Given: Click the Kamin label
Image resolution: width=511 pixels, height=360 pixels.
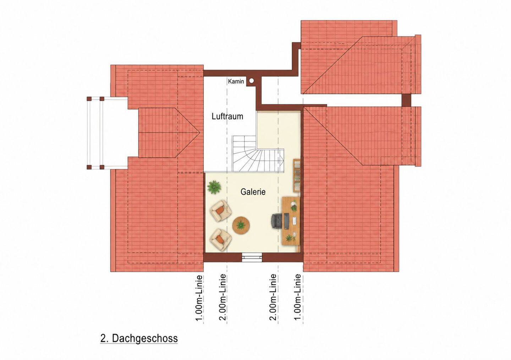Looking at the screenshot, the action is click(x=236, y=82).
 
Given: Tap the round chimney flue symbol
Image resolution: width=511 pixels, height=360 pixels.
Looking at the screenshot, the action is click(x=252, y=81).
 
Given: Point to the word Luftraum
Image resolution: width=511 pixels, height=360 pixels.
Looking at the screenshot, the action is click(x=227, y=116).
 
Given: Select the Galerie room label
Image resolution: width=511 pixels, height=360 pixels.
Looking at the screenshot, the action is click(x=253, y=192).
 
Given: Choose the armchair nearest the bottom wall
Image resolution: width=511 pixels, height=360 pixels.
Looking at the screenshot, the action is click(x=221, y=239).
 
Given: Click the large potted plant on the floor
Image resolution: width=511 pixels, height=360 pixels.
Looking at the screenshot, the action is click(x=214, y=187).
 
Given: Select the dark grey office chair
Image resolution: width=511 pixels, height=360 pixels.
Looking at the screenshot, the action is click(x=277, y=221).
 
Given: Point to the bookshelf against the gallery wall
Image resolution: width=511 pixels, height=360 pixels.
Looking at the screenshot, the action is click(x=297, y=176).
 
